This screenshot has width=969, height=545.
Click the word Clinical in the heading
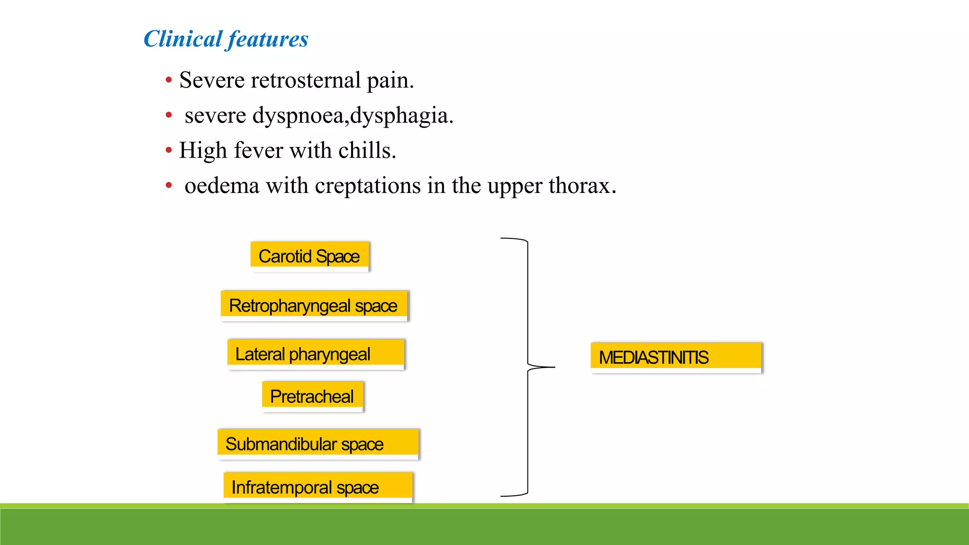click(x=183, y=39)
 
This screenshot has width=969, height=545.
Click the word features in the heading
click(x=268, y=39)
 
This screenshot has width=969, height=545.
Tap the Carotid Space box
click(x=309, y=256)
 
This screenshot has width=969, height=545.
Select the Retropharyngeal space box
click(x=314, y=306)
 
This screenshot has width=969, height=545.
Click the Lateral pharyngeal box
click(x=316, y=354)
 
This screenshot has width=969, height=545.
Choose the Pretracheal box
click(x=312, y=396)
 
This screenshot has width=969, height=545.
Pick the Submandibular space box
click(x=318, y=444)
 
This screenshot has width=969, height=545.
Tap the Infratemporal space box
click(x=318, y=487)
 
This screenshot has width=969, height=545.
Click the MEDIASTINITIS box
click(x=676, y=357)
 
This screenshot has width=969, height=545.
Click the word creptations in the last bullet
click(x=368, y=186)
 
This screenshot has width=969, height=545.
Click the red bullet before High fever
click(x=169, y=151)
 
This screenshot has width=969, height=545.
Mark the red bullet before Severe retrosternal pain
click(x=169, y=80)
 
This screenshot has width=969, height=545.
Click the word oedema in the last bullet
click(x=222, y=186)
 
